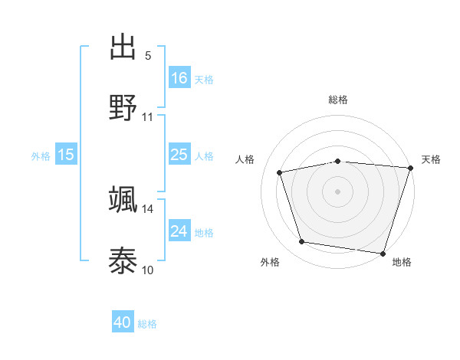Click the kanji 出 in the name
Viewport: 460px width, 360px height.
(123, 47)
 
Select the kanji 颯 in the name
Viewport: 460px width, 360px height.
(123, 199)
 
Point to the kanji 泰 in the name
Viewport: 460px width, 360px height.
(123, 260)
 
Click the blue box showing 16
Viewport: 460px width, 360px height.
(179, 77)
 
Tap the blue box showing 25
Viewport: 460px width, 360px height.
(179, 155)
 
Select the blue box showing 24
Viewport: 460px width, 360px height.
(179, 231)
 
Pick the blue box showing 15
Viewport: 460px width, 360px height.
(66, 155)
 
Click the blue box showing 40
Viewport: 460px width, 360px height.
(123, 322)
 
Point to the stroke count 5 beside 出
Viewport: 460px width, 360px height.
(148, 56)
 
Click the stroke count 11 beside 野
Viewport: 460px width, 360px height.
(148, 117)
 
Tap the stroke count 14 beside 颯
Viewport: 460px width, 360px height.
(148, 208)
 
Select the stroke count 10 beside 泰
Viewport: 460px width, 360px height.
(148, 270)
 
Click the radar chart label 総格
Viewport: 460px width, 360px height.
(338, 100)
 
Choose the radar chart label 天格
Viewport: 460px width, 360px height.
(431, 159)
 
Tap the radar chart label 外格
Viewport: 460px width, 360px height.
(270, 262)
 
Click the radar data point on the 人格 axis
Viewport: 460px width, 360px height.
(281, 172)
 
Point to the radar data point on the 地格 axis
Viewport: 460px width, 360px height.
(383, 253)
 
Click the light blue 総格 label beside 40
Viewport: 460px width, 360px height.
(147, 324)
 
